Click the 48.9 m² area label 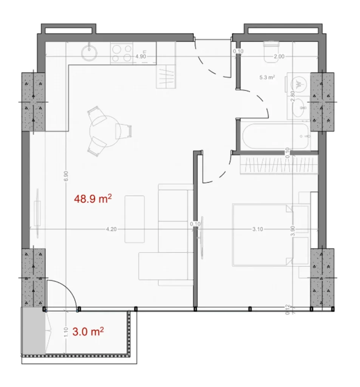pos(94,199)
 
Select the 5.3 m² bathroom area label pos(267,78)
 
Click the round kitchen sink pos(90,53)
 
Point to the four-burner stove pos(122,53)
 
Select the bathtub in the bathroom pos(276,136)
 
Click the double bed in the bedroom pos(261,234)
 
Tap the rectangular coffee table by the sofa pos(135,219)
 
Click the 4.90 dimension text pos(141,56)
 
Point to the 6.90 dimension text pos(66,176)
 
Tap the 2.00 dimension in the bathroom pos(279,56)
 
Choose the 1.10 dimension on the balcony pos(66,332)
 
